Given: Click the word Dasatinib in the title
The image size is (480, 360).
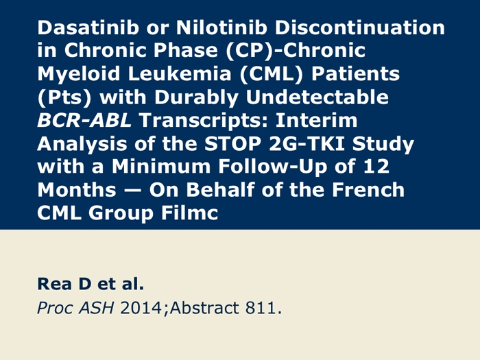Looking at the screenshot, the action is click(x=88, y=27).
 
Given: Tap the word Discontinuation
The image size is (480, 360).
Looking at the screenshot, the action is click(x=359, y=27).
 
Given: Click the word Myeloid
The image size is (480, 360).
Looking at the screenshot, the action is click(x=78, y=74).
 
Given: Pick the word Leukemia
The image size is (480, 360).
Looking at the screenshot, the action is click(x=180, y=74).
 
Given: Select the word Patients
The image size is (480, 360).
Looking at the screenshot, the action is click(x=355, y=74).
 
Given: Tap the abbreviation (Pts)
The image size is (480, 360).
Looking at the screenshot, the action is click(x=64, y=97).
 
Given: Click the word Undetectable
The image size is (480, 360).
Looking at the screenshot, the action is click(x=317, y=97).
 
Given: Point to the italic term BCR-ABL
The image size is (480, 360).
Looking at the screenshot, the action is click(x=84, y=120).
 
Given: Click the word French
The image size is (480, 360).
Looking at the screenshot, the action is click(x=368, y=189).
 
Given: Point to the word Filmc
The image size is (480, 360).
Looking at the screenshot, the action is click(x=189, y=213).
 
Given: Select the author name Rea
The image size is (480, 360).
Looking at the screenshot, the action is click(x=55, y=284).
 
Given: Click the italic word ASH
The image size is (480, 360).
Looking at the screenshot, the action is click(x=97, y=307).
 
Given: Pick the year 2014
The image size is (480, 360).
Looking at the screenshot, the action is click(x=141, y=307).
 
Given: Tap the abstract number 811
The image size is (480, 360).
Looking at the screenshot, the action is click(x=261, y=307).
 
